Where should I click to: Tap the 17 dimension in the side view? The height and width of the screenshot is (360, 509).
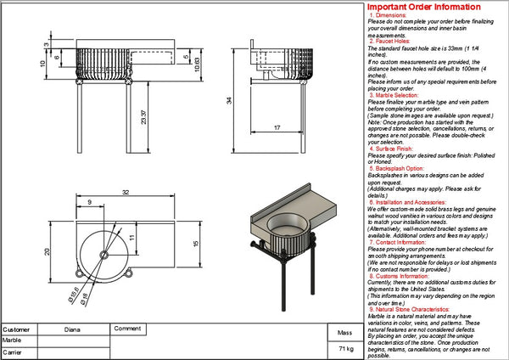pos(277,128)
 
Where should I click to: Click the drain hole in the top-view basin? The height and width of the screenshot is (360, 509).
pos(103,254)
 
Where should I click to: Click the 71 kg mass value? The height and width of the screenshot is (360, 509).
pos(345,349)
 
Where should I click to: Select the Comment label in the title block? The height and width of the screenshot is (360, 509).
pos(127,328)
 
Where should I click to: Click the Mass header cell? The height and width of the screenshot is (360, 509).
pos(344,334)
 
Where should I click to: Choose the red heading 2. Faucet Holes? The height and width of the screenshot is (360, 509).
pos(390,41)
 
